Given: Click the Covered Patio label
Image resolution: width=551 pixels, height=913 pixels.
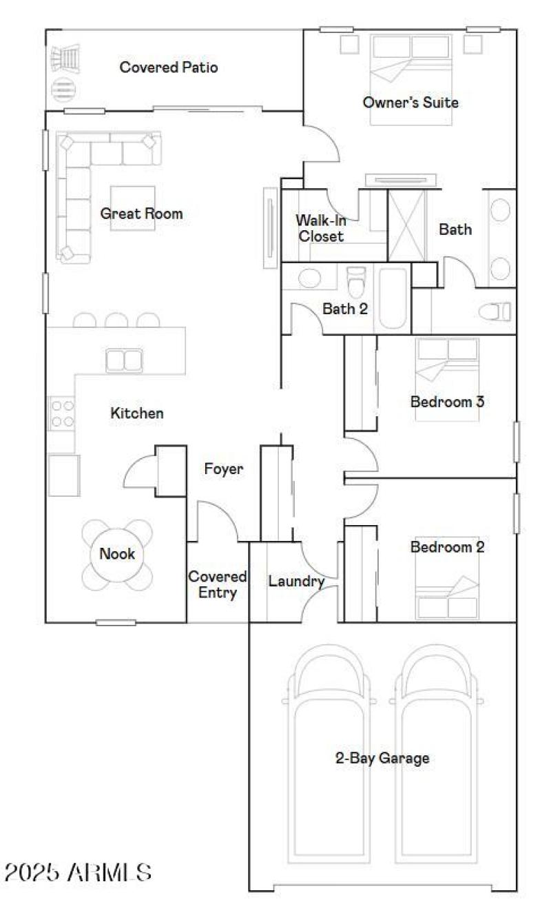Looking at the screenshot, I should tap(169, 68).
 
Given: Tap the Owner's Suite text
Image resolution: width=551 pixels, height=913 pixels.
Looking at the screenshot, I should tap(410, 103).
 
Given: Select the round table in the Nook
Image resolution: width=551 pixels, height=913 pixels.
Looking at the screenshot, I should tap(117, 553).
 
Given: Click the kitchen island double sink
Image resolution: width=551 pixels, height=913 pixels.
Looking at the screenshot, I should tap(124, 360).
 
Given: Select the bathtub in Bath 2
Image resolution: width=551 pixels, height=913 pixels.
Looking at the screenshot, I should tap(394, 298).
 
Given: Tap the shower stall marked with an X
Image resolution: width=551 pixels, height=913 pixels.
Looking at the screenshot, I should tap(406, 225).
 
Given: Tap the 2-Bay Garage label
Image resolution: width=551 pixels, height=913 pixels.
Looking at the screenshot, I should tap(382, 759).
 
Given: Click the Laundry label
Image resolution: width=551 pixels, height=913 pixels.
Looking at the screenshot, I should tap(296, 582).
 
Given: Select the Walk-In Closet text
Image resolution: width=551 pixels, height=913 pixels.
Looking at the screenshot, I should tap(320, 229).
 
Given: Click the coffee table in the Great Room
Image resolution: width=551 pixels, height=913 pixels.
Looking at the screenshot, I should tap(133, 208).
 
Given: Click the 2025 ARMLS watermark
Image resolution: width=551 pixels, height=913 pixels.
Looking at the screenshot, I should tap(77, 872).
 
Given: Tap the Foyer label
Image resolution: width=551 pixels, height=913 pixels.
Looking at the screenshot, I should tap(224, 469).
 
